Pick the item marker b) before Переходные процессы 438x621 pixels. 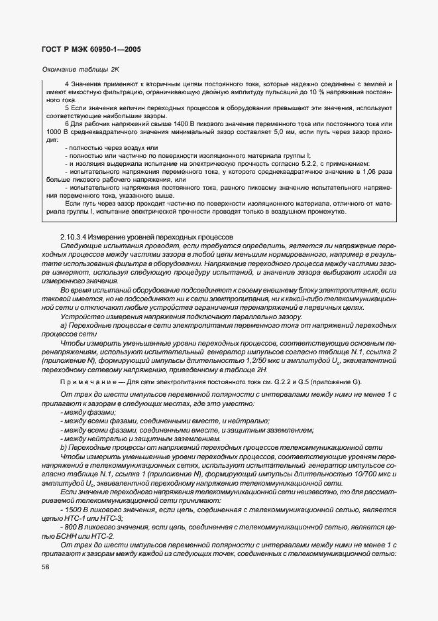pos(64,448)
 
